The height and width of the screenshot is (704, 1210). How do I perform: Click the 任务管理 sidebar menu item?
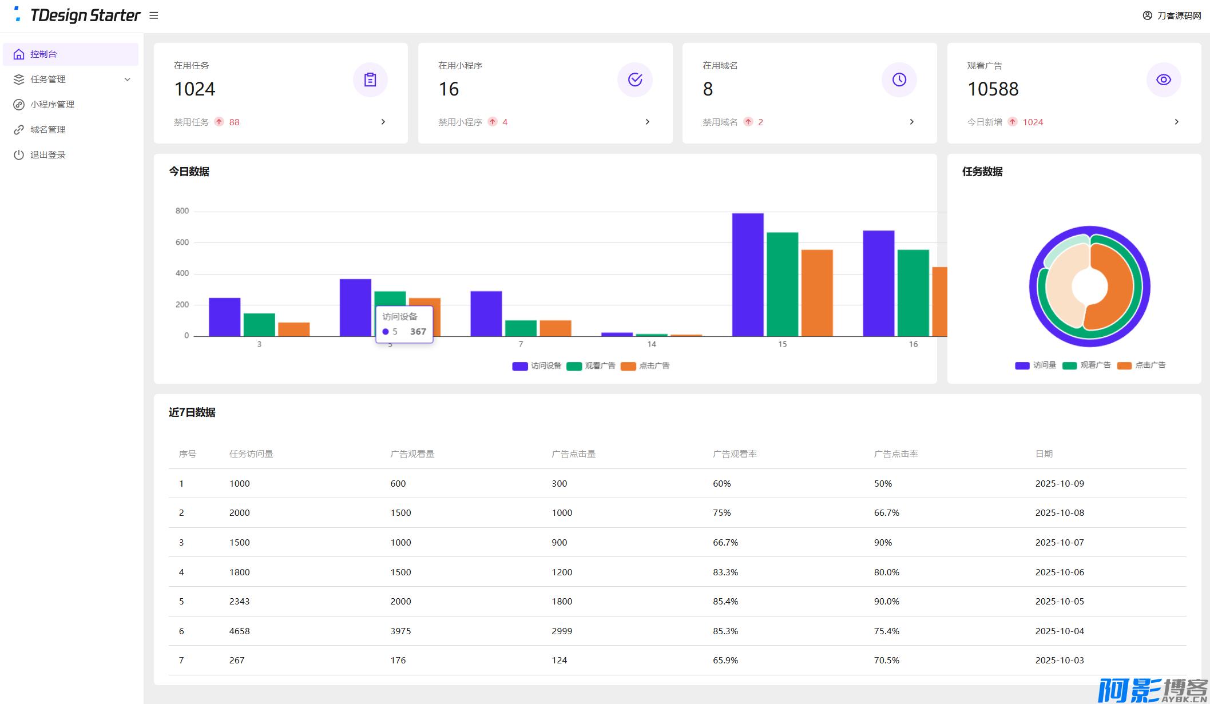click(48, 79)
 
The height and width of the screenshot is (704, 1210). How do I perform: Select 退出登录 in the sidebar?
click(48, 155)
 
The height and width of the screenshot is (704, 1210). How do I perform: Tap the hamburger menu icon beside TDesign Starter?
click(154, 15)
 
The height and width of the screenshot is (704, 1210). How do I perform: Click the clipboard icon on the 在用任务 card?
click(370, 79)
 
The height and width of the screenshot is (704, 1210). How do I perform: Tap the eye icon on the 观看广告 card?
click(1163, 79)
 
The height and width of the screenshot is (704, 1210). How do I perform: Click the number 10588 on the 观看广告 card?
click(993, 89)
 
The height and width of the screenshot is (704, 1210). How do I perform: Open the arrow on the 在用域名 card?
click(911, 122)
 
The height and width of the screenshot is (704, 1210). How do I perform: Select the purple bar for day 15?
click(747, 275)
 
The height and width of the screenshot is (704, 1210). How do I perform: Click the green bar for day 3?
click(259, 324)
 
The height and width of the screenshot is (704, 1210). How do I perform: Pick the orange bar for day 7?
click(555, 328)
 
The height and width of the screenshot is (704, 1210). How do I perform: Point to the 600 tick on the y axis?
click(182, 242)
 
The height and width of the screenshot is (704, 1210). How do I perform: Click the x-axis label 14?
click(652, 344)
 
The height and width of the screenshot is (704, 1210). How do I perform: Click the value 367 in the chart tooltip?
click(418, 332)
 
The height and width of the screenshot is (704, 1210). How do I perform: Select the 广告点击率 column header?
click(896, 454)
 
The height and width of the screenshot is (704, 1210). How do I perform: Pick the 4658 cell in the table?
click(239, 631)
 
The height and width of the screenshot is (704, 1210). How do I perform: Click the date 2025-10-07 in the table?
click(1060, 543)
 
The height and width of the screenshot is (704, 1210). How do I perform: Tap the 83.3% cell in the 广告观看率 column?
click(725, 572)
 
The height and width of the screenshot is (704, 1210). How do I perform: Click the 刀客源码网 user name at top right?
click(1179, 15)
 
